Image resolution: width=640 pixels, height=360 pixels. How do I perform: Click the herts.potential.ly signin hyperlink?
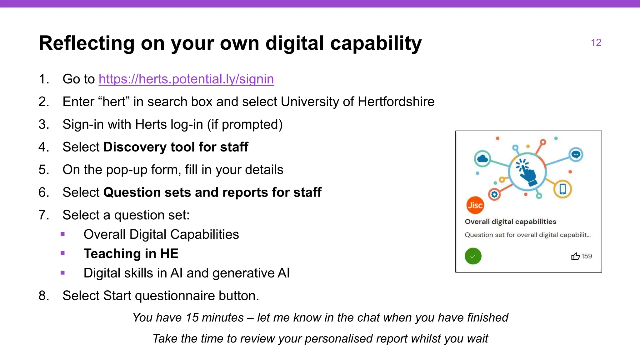pos(186,79)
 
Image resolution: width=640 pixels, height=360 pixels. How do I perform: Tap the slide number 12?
pos(596,42)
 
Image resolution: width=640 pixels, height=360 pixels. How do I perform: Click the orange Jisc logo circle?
pos(475,205)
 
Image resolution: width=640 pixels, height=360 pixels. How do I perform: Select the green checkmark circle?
pos(473,256)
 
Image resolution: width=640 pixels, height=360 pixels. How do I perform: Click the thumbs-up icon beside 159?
pos(575,256)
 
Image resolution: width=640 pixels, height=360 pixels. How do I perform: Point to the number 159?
pos(587,256)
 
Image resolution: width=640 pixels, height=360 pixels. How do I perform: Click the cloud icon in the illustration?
pos(482,158)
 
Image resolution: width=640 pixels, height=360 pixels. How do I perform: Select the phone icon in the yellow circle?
pos(562,189)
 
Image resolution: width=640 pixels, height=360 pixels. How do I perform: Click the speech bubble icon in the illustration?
pos(576,154)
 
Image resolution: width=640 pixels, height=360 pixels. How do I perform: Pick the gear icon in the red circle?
pos(494,194)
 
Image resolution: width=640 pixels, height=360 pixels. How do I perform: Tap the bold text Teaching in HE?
pos(131,253)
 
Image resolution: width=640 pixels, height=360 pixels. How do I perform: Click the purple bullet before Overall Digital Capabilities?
pos(63,234)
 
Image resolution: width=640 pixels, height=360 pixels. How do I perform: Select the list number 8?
pos(43,296)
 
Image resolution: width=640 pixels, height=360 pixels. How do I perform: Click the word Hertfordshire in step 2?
pos(396,102)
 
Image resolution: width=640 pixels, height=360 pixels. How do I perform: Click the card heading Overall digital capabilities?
pos(510,222)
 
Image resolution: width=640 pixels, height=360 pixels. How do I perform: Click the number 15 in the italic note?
pos(192,317)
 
